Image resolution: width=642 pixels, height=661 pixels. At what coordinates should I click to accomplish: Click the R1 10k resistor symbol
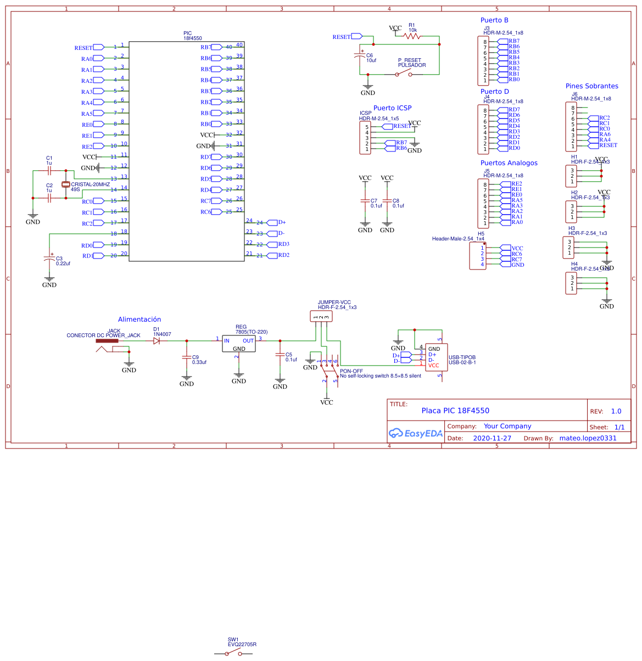tap(412, 36)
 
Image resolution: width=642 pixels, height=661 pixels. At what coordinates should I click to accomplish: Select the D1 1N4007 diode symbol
tap(157, 340)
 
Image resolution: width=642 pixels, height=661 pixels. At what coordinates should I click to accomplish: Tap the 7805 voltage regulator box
tap(239, 344)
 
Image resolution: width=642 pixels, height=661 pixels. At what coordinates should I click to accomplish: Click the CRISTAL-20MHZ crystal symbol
tap(66, 184)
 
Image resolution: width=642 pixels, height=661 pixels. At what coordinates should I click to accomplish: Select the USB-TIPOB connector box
tap(437, 357)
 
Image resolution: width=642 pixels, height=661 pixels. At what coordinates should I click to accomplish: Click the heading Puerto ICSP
tap(392, 108)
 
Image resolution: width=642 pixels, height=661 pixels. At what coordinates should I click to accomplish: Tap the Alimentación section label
tap(139, 320)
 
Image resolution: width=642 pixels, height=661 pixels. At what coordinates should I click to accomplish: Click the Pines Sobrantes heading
tap(591, 86)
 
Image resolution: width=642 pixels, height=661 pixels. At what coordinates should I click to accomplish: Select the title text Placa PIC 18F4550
tap(455, 411)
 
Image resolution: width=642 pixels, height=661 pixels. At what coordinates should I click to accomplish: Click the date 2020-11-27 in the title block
tap(492, 438)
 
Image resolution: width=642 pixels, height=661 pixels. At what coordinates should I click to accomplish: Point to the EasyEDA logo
tap(415, 433)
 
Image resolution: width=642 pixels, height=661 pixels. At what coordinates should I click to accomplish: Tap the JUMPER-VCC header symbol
tap(321, 316)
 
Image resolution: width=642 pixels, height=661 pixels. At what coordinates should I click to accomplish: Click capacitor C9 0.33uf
tap(187, 357)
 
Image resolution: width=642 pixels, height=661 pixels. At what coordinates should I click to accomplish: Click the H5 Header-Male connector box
tap(477, 256)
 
